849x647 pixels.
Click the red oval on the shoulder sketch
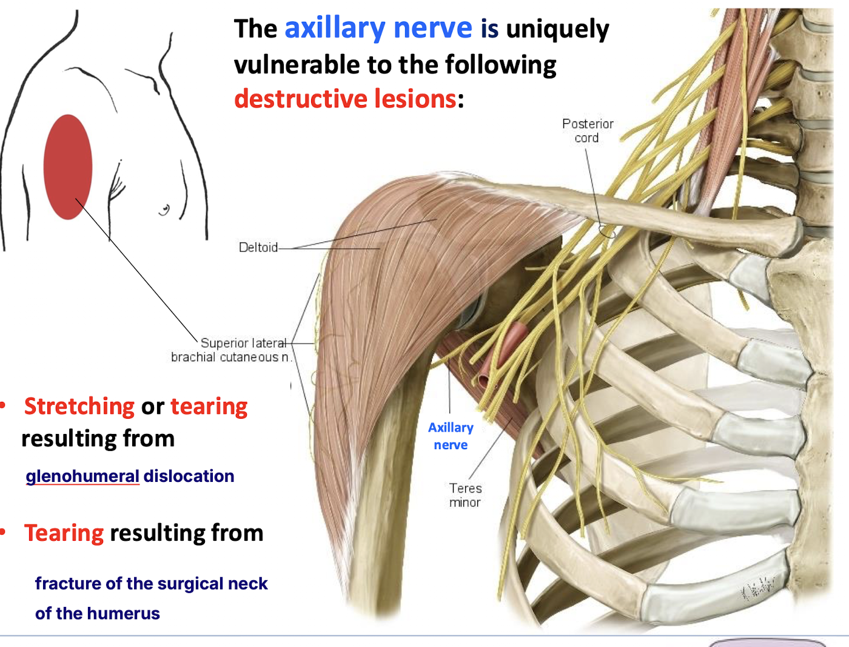tap(68, 167)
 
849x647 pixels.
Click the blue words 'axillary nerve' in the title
tap(378, 28)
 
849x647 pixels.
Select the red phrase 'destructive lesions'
tap(345, 98)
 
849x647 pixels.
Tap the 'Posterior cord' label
tap(587, 130)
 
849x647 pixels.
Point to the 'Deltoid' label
tap(258, 247)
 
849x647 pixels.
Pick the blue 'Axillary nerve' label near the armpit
tap(451, 436)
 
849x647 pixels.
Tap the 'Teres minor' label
tap(465, 495)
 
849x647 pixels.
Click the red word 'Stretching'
tap(79, 406)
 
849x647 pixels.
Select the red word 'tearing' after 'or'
tap(209, 406)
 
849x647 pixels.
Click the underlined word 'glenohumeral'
tap(82, 476)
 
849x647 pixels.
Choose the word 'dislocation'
tap(189, 476)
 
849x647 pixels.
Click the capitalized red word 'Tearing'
tap(64, 533)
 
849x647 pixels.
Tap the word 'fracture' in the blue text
tap(68, 583)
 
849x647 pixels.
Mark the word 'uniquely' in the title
tap(557, 29)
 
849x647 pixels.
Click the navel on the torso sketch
tap(164, 211)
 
